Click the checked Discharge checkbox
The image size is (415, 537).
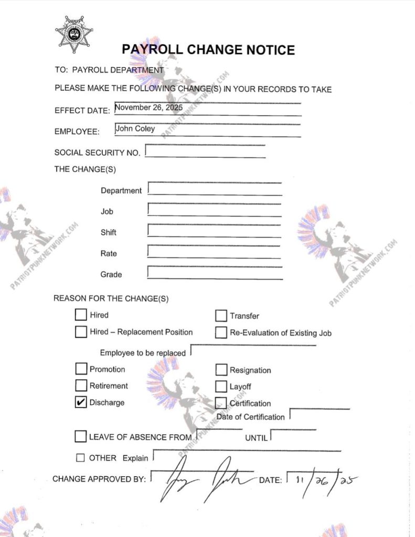pyautogui.click(x=81, y=402)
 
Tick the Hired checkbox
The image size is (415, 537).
pyautogui.click(x=81, y=315)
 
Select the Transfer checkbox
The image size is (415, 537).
pyautogui.click(x=221, y=316)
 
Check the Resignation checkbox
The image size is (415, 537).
pyautogui.click(x=221, y=370)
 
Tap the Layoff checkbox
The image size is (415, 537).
pyautogui.click(x=221, y=386)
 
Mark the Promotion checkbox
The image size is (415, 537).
pyautogui.click(x=81, y=369)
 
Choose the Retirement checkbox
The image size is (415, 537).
pyautogui.click(x=81, y=385)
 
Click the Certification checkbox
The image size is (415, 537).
pyautogui.click(x=221, y=403)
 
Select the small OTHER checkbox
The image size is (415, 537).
pyautogui.click(x=80, y=458)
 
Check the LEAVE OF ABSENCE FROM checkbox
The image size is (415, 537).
pyautogui.click(x=81, y=436)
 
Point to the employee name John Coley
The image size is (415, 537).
pyautogui.click(x=135, y=128)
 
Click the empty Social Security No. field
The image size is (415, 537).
pyautogui.click(x=205, y=151)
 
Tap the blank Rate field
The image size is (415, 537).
pyautogui.click(x=214, y=252)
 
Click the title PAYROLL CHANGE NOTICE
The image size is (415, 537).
pyautogui.click(x=208, y=50)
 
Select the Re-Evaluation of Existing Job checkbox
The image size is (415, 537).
pyautogui.click(x=221, y=332)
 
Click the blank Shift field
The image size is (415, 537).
pyautogui.click(x=214, y=231)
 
